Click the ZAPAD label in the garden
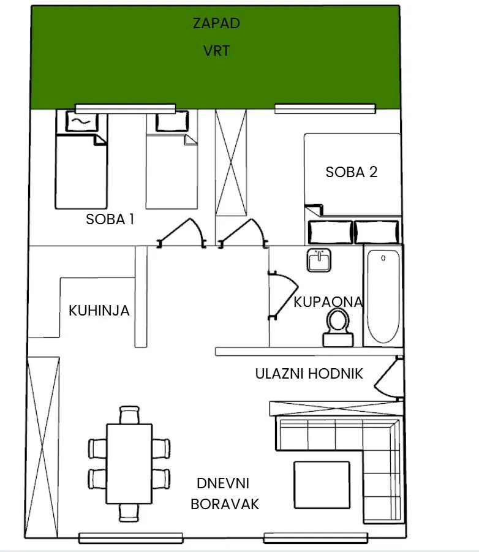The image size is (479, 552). coord(216,23)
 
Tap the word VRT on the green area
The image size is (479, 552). coord(216,51)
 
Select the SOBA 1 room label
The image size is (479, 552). coord(110,219)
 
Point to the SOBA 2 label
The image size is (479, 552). coord(352,172)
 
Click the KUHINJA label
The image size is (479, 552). coord(99,311)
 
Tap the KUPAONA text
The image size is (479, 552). coord(328,302)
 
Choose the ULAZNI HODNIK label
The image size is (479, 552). coord(309,374)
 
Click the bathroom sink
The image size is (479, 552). coord(319,260)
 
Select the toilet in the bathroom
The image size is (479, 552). coord(338,327)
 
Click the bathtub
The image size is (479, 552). coord(383,296)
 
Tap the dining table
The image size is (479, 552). coord(129,464)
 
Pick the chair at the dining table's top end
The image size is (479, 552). coord(129,415)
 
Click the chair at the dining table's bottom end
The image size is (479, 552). coord(129,513)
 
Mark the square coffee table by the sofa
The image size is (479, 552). coord(322,485)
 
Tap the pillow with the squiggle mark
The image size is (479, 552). coord(81,121)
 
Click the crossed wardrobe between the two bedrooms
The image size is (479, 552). coord(231,162)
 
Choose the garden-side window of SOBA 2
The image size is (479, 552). coord(325,108)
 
